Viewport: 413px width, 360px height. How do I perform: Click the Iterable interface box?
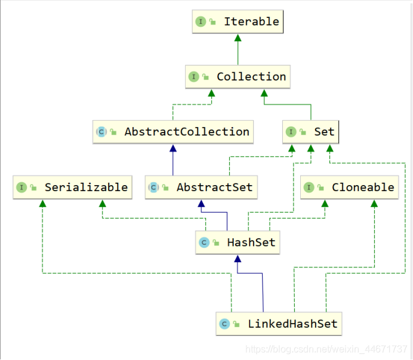pyautogui.click(x=238, y=21)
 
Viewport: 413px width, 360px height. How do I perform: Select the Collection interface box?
pyautogui.click(x=238, y=77)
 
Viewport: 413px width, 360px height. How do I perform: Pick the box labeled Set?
pyautogui.click(x=311, y=132)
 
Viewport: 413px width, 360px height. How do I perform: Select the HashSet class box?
pyautogui.click(x=238, y=242)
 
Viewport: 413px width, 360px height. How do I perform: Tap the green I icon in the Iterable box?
pyautogui.click(x=201, y=21)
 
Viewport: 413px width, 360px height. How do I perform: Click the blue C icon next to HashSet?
pyautogui.click(x=204, y=242)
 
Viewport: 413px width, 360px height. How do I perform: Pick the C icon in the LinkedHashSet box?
pyautogui.click(x=224, y=324)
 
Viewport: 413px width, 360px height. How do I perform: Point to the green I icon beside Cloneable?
pyautogui.click(x=308, y=187)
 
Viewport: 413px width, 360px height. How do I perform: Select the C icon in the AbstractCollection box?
pyautogui.click(x=101, y=132)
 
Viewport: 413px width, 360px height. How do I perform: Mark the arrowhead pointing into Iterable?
pyautogui.click(x=238, y=38)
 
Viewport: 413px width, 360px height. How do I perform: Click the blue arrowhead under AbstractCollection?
pyautogui.click(x=173, y=147)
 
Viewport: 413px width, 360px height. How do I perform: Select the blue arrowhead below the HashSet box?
pyautogui.click(x=238, y=259)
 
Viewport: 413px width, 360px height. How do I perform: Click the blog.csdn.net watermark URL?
pyautogui.click(x=326, y=348)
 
